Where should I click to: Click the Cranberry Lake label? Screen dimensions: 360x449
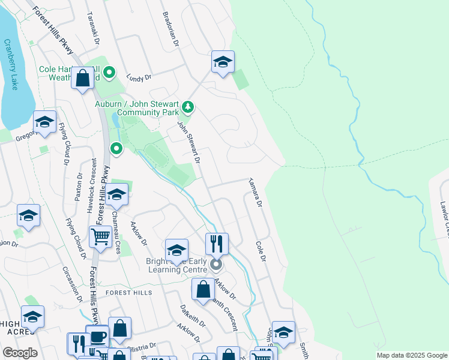click(11, 65)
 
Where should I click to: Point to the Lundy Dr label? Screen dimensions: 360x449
click(139, 77)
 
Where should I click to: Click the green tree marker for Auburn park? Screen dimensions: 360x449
click(188, 107)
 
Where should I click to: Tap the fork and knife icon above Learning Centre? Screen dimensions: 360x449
click(217, 244)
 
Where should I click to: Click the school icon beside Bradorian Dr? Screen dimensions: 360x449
click(223, 61)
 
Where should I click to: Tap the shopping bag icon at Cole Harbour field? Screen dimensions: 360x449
click(82, 77)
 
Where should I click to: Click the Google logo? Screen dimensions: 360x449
click(20, 353)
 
